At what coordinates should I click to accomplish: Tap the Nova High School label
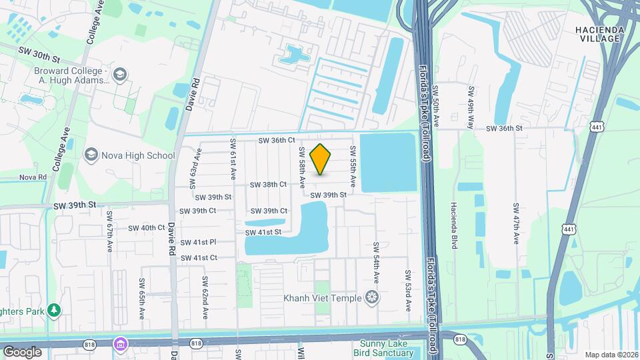click(138, 155)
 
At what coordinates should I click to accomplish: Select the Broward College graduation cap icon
click(120, 73)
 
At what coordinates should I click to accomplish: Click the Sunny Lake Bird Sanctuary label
click(383, 348)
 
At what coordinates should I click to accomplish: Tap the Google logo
click(22, 351)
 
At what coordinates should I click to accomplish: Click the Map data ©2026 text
click(611, 355)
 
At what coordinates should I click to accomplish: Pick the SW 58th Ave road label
click(302, 167)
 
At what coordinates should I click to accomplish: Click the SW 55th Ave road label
click(353, 172)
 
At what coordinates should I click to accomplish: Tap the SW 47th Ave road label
click(516, 225)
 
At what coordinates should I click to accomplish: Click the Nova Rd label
click(33, 177)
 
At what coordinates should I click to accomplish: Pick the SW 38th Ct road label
click(268, 184)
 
